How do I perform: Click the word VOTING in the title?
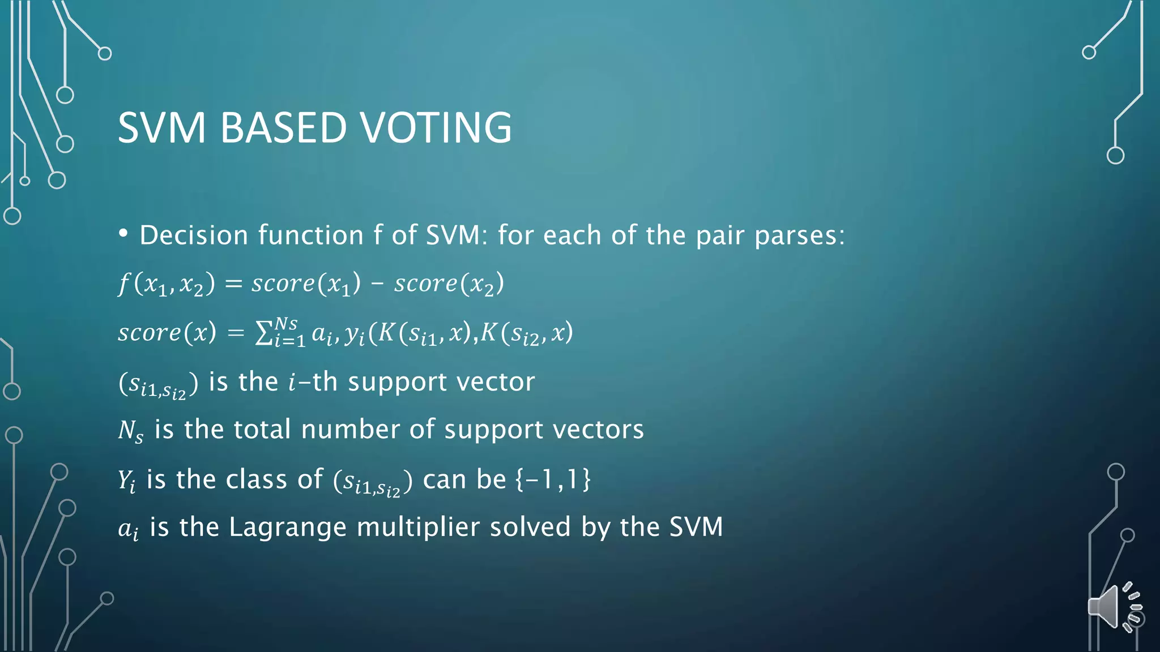coord(436,128)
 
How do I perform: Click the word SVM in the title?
coord(161,128)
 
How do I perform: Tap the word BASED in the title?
coord(283,128)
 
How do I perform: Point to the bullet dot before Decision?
coord(123,234)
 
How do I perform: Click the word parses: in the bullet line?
coord(799,236)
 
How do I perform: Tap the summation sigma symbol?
coord(264,333)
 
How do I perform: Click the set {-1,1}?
coord(552,479)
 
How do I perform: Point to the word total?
coord(262,430)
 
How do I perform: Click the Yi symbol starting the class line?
coord(126,481)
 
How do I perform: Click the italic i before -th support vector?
coord(292,382)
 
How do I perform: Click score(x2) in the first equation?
coord(449,284)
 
